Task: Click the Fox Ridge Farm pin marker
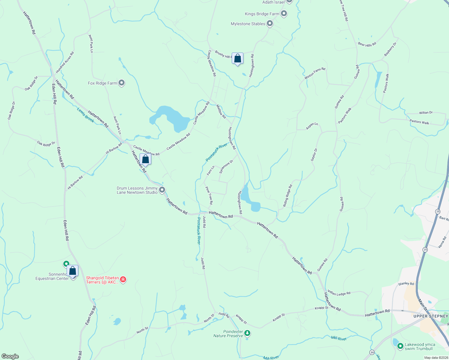click(x=122, y=83)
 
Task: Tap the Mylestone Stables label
click(x=248, y=24)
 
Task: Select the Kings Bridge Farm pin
click(x=284, y=13)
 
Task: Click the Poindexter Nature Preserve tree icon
click(x=247, y=333)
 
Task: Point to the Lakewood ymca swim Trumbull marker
click(x=400, y=346)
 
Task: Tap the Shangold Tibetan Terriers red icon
click(x=123, y=280)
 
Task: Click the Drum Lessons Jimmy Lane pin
click(x=162, y=190)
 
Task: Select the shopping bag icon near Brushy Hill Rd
click(x=237, y=58)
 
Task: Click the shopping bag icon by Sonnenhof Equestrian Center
click(x=73, y=271)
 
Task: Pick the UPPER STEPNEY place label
click(x=430, y=316)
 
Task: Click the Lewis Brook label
click(x=86, y=115)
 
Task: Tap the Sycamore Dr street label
click(x=226, y=167)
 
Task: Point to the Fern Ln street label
click(x=211, y=170)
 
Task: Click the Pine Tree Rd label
click(x=209, y=195)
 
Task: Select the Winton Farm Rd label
click(x=315, y=73)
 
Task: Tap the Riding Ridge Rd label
click(x=288, y=196)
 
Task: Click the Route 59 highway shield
click(x=372, y=352)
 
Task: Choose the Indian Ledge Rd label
click(x=339, y=293)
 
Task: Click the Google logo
click(x=10, y=356)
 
